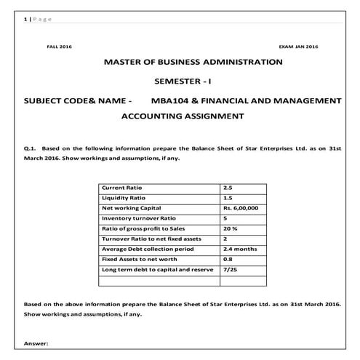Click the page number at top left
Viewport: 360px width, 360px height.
[17, 19]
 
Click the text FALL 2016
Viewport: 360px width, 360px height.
[59, 46]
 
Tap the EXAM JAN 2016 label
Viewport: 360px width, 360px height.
[298, 46]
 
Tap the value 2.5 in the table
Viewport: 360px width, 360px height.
[228, 188]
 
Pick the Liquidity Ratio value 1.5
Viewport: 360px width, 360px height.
[228, 198]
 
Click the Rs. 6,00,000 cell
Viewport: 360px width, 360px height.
[241, 208]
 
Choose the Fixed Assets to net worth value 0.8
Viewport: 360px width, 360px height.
[228, 259]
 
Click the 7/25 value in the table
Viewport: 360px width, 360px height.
[230, 269]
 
